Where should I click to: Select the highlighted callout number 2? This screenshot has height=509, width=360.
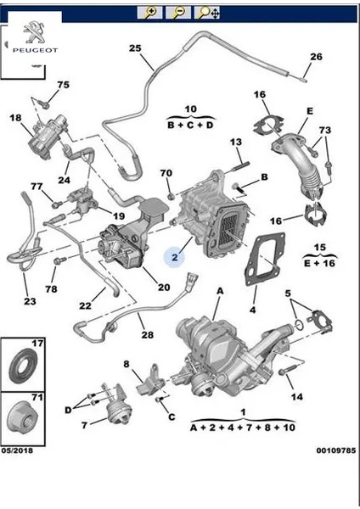point(174,255)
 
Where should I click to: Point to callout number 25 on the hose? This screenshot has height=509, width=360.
point(135,48)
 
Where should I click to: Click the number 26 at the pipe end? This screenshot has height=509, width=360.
point(316,58)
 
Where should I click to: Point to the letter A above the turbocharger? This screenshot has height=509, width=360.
point(219,290)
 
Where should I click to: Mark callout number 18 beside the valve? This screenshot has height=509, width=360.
point(15,120)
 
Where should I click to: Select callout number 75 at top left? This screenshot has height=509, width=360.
point(63,85)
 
